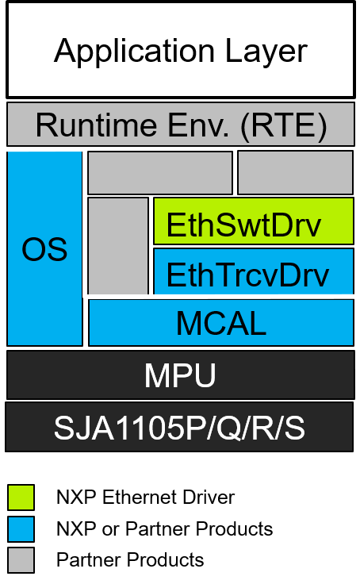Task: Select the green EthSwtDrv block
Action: [x=253, y=221]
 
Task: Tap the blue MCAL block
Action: [x=220, y=323]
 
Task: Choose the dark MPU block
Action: [x=180, y=375]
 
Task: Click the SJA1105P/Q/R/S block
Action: [x=179, y=428]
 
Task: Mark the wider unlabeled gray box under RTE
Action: [x=159, y=173]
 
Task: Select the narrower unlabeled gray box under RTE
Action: [x=295, y=173]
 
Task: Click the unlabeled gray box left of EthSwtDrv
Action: [x=117, y=246]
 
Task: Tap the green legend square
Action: [x=21, y=498]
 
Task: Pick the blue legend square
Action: [x=21, y=529]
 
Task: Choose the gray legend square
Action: [x=21, y=560]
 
